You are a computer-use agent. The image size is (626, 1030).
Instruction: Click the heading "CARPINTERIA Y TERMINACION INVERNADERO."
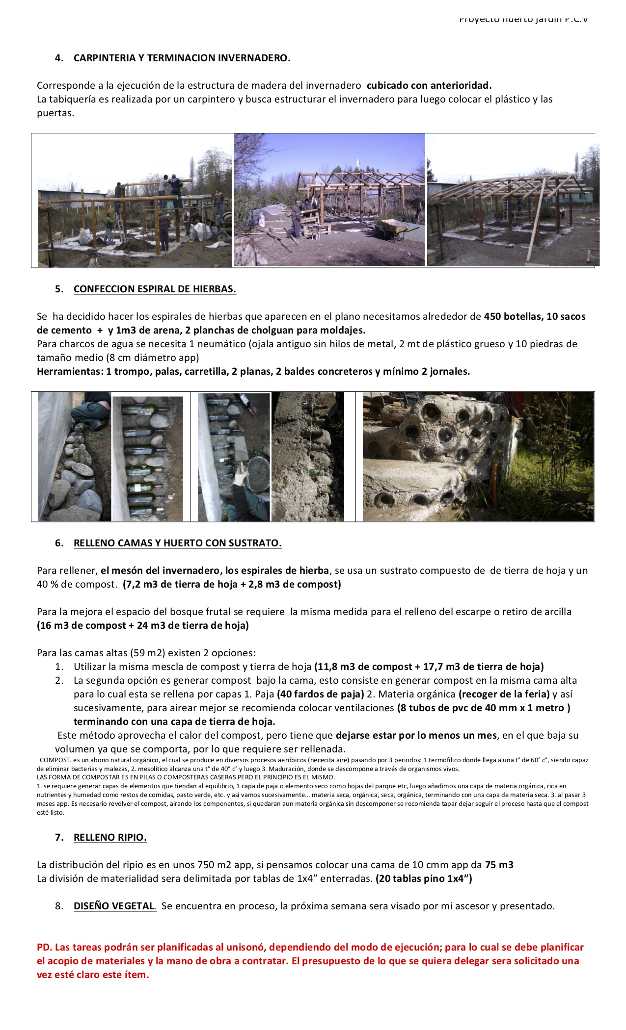182,58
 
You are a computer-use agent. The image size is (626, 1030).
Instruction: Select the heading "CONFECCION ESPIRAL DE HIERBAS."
155,289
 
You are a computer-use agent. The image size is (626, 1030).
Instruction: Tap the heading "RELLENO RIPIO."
110,837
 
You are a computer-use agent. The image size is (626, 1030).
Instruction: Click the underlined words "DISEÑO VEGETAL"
114,906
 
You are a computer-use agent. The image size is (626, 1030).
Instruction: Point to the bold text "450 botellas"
512,316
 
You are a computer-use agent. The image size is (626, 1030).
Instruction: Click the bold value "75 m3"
499,865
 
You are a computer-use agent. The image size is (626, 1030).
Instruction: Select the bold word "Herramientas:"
70,371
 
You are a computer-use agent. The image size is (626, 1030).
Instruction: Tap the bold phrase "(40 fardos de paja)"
320,694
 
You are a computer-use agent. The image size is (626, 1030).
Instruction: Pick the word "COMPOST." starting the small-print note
55,760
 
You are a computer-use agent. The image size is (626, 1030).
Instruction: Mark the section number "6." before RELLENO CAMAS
59,543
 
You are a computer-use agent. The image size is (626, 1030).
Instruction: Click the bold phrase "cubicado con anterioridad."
429,85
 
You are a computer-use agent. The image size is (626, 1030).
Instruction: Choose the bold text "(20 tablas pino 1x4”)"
424,878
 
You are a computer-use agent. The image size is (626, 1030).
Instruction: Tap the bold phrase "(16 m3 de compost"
82,625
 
